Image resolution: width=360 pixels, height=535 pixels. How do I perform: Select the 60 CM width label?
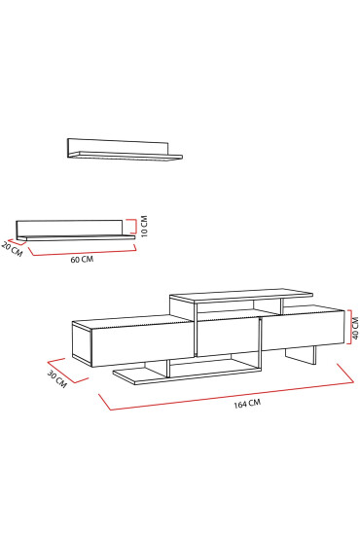(82, 260)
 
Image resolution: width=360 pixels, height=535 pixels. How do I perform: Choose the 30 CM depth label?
(55, 377)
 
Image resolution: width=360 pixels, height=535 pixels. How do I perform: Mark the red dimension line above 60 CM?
(83, 252)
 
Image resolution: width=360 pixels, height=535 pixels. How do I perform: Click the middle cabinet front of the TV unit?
(228, 339)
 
